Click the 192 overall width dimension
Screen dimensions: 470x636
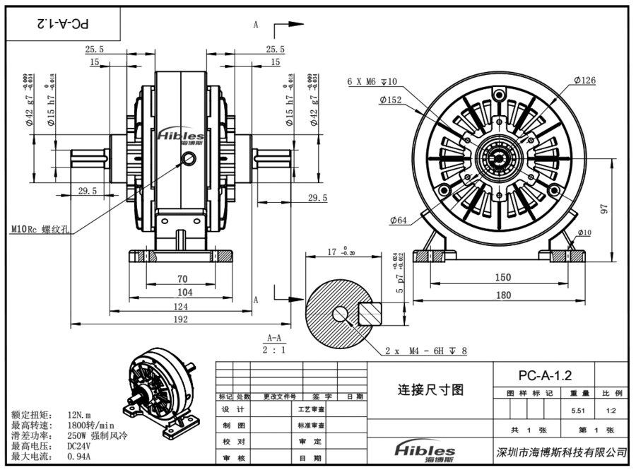(180, 319)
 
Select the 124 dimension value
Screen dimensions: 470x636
(180, 306)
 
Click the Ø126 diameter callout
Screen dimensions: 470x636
(584, 81)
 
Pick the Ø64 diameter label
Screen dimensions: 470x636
(398, 221)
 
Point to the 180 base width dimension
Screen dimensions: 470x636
(502, 295)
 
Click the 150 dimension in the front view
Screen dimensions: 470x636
(502, 278)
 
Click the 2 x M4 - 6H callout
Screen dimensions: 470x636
(426, 351)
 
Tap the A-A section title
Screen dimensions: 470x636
(274, 338)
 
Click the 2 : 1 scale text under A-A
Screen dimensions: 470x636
(274, 349)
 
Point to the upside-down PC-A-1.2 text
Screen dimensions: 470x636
(63, 23)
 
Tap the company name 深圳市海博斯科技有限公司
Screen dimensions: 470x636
(563, 452)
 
